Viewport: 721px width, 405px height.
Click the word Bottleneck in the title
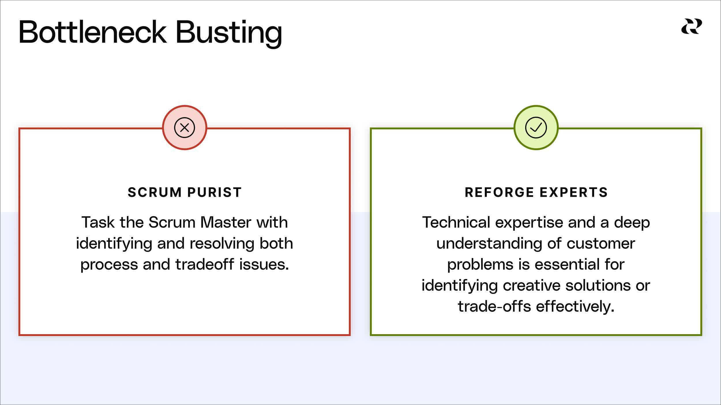point(93,32)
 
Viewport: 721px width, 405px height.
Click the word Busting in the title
point(229,33)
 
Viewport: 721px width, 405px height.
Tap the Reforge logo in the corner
point(692,27)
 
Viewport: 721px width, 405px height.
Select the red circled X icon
point(185,128)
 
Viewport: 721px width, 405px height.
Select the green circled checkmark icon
point(536,128)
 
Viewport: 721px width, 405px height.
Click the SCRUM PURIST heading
point(185,192)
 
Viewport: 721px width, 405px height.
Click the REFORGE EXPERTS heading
point(536,192)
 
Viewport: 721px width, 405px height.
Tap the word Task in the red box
point(98,222)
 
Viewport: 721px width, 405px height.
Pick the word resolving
point(222,244)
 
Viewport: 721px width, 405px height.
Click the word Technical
point(456,222)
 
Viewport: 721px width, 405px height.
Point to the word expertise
point(529,223)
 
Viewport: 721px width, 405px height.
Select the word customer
point(600,244)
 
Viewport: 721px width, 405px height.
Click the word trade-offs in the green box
point(494,306)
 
